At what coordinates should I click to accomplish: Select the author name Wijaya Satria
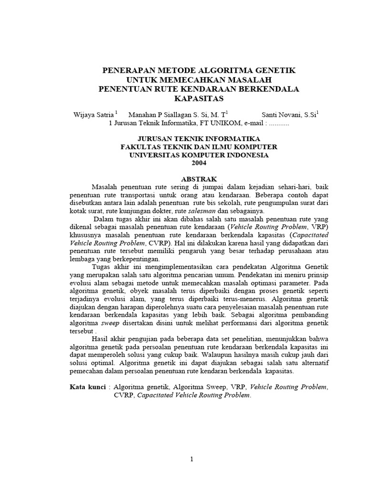pyautogui.click(x=93, y=114)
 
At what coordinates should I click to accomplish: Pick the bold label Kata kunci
pyautogui.click(x=88, y=387)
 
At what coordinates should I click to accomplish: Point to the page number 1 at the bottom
pyautogui.click(x=192, y=459)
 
